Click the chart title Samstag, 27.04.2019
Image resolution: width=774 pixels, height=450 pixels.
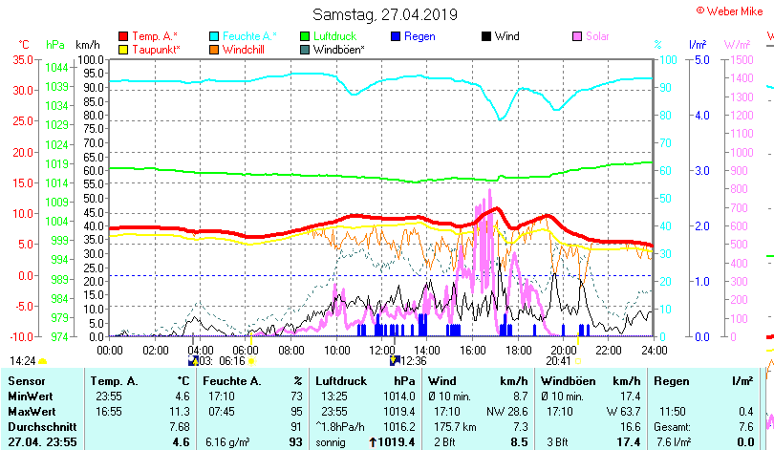(x=385, y=15)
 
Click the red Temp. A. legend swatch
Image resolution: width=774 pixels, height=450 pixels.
(x=123, y=36)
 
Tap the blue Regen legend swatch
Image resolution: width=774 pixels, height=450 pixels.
(x=396, y=36)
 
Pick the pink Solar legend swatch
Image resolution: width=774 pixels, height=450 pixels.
(x=577, y=36)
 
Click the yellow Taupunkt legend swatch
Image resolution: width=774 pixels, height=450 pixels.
(x=123, y=49)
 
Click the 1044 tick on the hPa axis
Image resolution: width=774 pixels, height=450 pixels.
(x=56, y=68)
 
